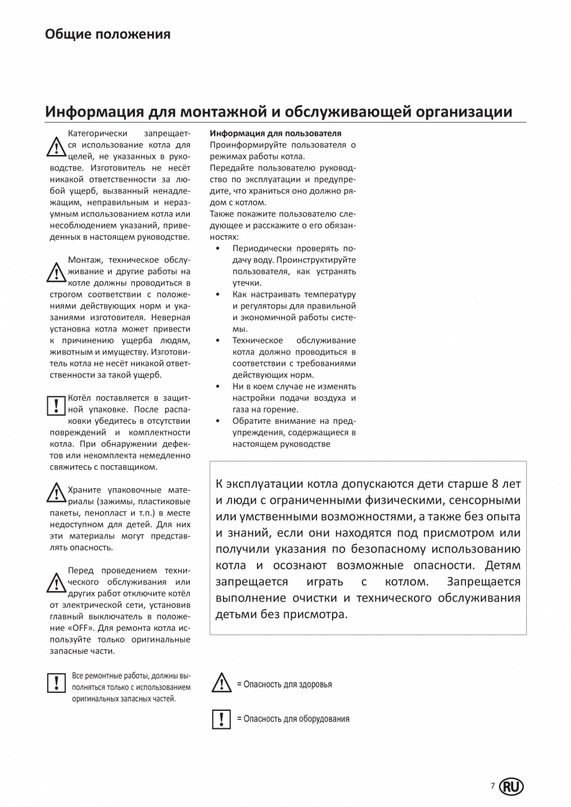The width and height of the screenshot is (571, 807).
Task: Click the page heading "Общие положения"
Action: click(x=107, y=34)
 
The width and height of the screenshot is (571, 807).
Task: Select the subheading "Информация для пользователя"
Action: click(x=276, y=133)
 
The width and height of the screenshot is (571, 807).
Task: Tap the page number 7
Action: click(x=493, y=786)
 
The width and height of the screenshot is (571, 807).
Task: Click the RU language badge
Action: click(x=511, y=787)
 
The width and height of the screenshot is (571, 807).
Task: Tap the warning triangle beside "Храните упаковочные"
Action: click(x=56, y=494)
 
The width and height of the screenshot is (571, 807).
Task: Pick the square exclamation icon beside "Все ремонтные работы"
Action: click(x=56, y=683)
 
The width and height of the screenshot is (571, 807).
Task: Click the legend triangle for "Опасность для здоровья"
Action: click(x=222, y=683)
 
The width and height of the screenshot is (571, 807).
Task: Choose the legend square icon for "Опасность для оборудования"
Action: click(x=222, y=719)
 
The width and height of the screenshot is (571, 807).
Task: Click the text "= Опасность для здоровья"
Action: click(x=284, y=685)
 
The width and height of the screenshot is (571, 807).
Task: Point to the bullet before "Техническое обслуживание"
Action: click(x=217, y=341)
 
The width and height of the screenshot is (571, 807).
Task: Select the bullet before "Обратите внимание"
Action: click(x=217, y=421)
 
